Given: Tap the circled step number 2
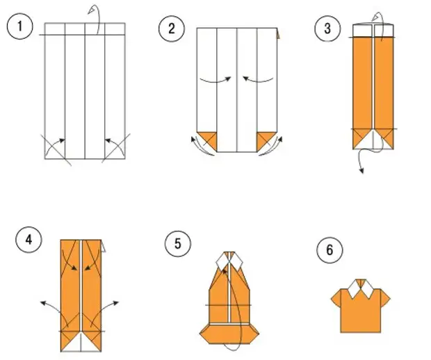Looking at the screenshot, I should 169,28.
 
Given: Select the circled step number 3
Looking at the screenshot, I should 325,28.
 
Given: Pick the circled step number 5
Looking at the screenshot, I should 177,244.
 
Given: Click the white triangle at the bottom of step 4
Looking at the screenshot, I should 82,341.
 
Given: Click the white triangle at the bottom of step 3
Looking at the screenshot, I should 374,140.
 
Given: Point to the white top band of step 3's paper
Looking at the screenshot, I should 374,30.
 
